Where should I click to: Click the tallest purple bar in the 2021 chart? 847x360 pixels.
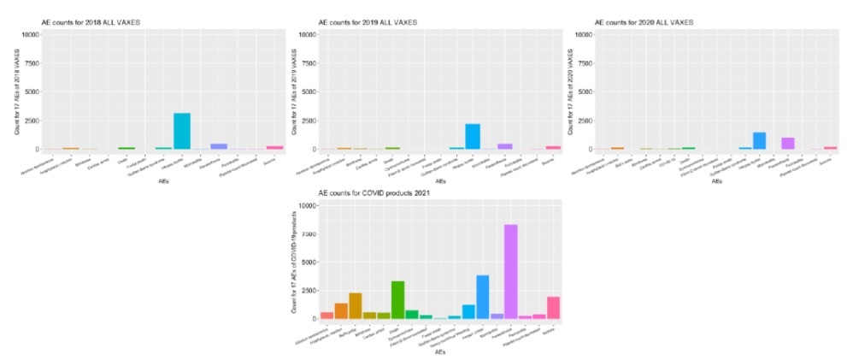(x=510, y=272)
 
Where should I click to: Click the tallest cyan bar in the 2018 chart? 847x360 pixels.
(x=182, y=131)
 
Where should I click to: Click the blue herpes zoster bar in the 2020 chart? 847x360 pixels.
(x=760, y=141)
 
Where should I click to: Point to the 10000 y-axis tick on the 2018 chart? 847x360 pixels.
(x=30, y=34)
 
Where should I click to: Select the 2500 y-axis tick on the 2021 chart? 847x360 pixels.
(x=309, y=290)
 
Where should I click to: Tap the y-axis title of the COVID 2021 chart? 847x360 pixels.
(x=292, y=262)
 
